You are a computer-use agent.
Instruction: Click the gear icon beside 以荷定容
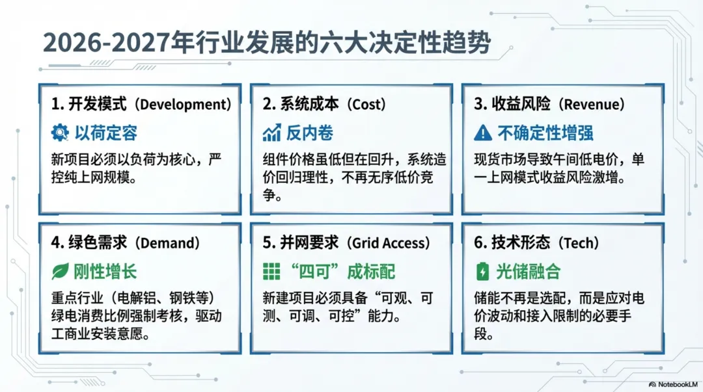60,133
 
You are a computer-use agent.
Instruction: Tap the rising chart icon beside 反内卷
271,133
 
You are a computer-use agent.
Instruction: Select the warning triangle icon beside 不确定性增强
483,133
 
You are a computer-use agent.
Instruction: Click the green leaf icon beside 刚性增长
60,272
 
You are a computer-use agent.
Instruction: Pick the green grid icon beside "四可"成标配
271,272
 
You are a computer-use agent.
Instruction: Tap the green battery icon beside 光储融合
482,272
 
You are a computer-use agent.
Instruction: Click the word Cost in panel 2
366,105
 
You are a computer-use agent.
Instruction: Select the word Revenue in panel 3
591,105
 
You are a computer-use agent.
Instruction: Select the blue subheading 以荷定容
106,133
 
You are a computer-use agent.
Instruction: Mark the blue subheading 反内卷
310,133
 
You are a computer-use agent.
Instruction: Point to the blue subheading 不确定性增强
545,133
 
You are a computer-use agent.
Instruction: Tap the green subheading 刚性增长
105,272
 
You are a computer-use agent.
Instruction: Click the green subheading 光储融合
528,272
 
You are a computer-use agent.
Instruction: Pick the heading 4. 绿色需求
89,243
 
